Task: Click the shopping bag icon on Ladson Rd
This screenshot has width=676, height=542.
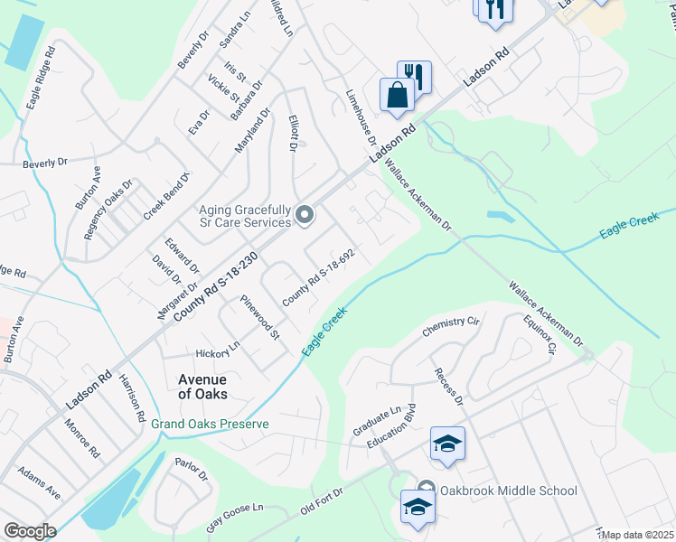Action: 397,94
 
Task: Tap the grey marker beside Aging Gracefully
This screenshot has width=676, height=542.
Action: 305,215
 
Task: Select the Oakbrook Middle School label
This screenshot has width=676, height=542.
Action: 508,491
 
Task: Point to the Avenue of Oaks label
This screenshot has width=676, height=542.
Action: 202,387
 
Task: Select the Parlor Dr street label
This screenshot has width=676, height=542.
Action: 191,469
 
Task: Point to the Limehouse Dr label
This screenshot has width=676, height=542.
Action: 361,118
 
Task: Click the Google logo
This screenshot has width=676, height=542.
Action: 30,531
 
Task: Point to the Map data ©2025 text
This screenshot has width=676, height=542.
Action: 638,535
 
